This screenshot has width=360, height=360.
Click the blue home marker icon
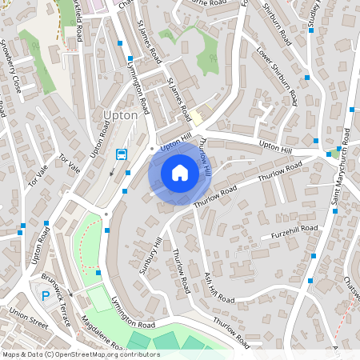tap(180, 172)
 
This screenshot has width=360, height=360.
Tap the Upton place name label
tap(121, 114)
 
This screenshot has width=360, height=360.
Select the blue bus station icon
tap(122, 154)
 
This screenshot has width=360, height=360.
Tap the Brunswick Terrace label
tap(58, 310)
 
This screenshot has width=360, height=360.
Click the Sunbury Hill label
tap(150, 256)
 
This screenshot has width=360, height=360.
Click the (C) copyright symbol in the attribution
tap(50, 354)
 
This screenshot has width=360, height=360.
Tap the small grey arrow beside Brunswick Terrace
tap(70, 294)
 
